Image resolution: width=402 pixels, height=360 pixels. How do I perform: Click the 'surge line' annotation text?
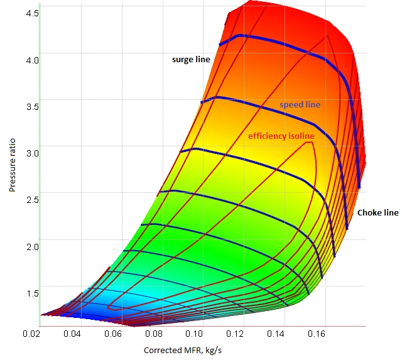pos(191,59)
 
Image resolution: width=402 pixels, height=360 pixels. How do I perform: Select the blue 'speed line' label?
pos(300,105)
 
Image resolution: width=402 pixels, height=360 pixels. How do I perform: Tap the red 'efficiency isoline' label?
pos(281,136)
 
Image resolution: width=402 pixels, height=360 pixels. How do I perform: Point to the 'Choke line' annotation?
pos(378,213)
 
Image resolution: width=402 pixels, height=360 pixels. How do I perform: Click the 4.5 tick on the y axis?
pos(33,13)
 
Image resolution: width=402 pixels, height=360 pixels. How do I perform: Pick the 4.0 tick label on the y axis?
pos(33,60)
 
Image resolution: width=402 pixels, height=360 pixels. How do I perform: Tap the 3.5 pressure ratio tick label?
pos(33,106)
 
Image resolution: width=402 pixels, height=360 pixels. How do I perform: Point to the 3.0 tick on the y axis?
pos(33,153)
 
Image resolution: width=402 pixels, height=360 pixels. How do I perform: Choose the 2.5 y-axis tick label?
pos(33,199)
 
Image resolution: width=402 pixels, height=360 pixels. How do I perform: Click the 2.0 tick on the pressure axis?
pos(33,246)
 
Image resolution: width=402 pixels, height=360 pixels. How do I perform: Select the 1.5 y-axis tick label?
pos(33,293)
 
